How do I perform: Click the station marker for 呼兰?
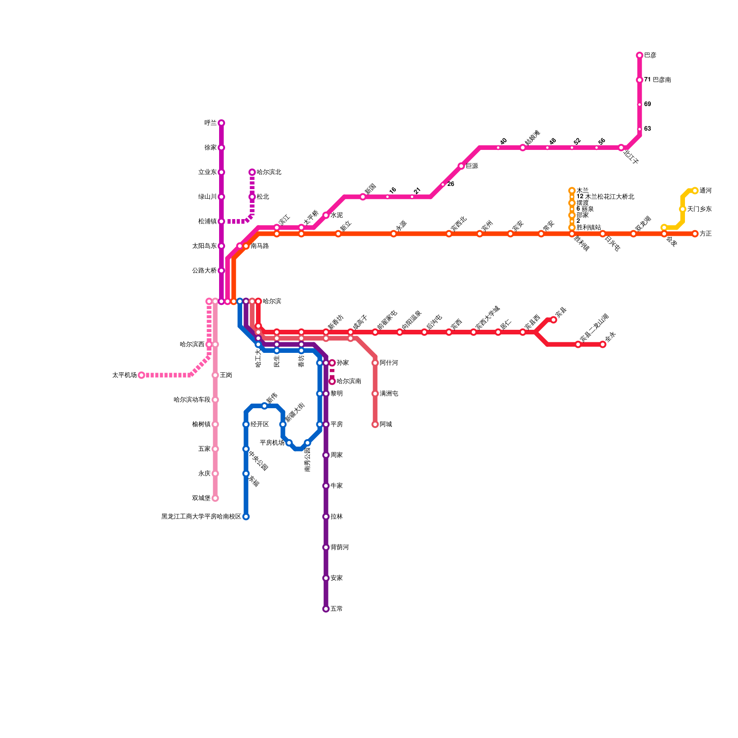point(221,123)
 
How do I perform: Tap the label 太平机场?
point(124,375)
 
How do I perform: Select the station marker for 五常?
point(326,609)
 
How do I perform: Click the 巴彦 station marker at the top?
point(639,55)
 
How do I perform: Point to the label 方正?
point(706,234)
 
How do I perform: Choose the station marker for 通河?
point(695,190)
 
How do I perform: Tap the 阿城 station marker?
point(375,424)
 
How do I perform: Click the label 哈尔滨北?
point(269,173)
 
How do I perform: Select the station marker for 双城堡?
point(215,498)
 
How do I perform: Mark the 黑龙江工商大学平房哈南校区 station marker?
point(246,517)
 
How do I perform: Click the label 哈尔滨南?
point(349,381)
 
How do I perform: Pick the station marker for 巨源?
point(461,166)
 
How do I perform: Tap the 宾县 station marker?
point(553,320)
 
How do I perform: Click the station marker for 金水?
point(603,345)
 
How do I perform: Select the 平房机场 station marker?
point(289,443)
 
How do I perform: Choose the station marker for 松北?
point(252,197)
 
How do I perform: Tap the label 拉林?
point(337,517)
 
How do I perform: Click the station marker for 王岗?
point(215,375)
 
